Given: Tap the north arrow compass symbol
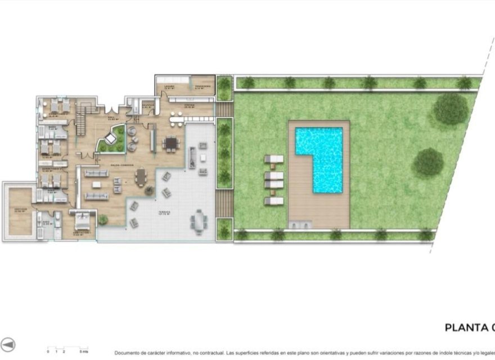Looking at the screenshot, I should tap(8, 345).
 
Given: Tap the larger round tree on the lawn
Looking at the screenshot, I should tap(451, 109).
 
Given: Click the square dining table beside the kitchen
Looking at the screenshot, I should tap(171, 143).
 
